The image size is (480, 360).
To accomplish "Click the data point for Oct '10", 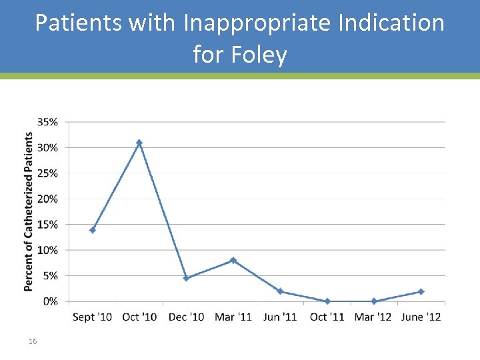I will click(139, 143).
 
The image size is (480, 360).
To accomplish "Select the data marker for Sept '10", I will click(93, 230).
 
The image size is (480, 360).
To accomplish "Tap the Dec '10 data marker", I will click(186, 278).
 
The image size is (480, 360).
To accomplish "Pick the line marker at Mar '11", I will click(233, 260).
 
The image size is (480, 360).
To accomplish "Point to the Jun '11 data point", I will click(281, 291).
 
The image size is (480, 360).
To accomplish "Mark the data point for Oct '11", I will click(327, 301).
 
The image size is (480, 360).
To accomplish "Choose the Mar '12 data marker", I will click(374, 301).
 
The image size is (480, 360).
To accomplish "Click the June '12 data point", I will click(421, 291).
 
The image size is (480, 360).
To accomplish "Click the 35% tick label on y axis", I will click(47, 122).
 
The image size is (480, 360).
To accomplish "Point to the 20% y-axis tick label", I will click(47, 199).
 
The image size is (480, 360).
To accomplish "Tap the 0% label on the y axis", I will click(50, 301).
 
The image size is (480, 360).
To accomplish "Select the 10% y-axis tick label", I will click(47, 250).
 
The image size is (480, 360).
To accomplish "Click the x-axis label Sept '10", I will click(93, 317).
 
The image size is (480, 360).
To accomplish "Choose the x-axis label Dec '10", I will click(186, 317).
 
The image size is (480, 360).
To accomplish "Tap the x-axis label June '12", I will click(421, 317).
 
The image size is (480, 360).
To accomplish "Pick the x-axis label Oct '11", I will click(327, 317).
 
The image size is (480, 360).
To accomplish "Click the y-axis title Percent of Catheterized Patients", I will click(29, 211).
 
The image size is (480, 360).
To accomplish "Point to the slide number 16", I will click(33, 341).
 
